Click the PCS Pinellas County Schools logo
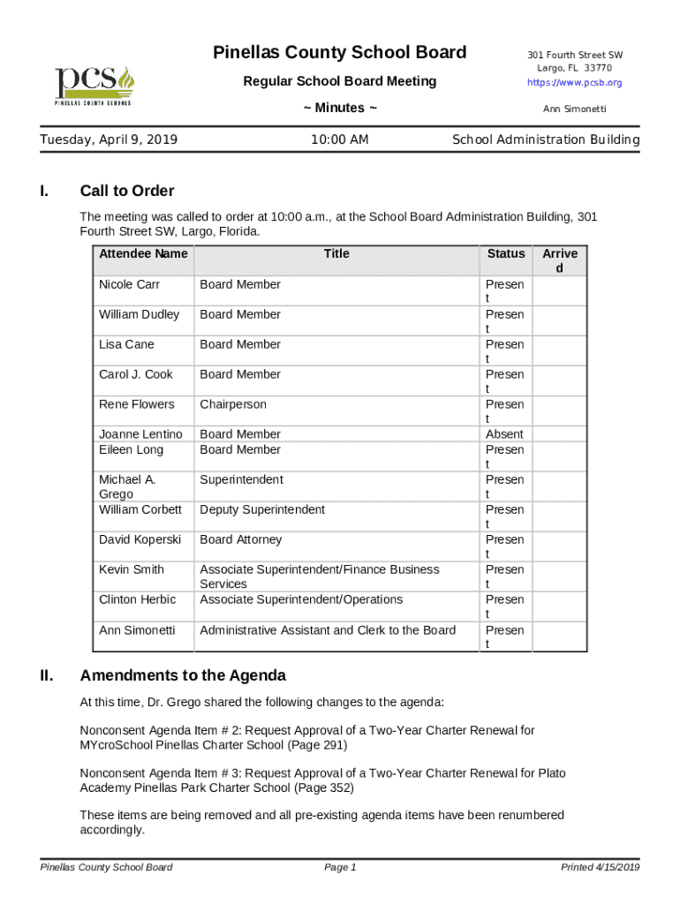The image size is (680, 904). coord(94,85)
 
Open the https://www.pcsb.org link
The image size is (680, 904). coord(574,83)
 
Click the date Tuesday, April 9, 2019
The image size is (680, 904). coord(109,139)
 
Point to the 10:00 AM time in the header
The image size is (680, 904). coord(340,139)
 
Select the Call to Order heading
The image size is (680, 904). coord(127,191)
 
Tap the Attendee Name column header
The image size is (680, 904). coord(143,254)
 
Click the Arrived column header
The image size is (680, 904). coord(560,260)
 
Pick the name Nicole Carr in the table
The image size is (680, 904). coord(129,284)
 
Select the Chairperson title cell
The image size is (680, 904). coord(233,404)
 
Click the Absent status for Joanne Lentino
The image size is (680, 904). coord(504,434)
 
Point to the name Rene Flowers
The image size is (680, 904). coord(137,404)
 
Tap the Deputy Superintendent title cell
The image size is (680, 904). coord(262,509)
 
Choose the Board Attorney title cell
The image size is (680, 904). coord(241,539)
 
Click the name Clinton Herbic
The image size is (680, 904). coord(137,599)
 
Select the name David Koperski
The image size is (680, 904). coord(140,539)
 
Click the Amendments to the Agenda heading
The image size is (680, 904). coord(183,676)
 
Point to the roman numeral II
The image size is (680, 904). coord(47,676)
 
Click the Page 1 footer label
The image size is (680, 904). coord(340,868)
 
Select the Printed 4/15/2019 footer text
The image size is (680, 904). coord(600,868)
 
